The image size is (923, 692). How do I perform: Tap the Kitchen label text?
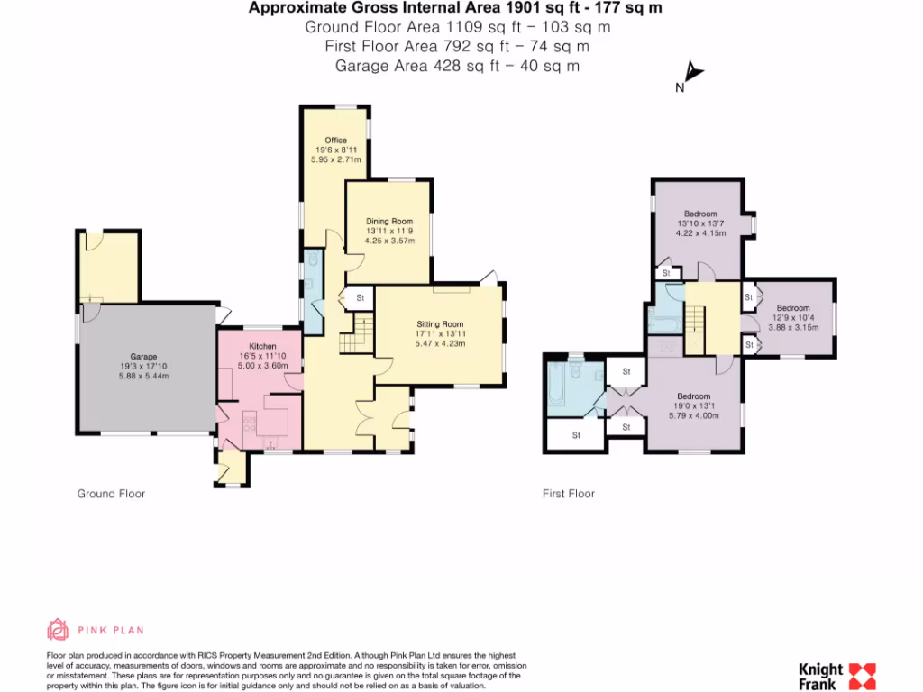coord(262,346)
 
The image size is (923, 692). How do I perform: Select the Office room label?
coord(336,140)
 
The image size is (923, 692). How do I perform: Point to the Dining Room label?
coord(388,221)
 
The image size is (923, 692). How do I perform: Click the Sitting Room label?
coord(440,323)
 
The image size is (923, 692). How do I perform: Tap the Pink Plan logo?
coord(96,630)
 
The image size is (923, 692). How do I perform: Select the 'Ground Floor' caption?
coord(111,494)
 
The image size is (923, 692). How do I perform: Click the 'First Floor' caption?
coord(569,494)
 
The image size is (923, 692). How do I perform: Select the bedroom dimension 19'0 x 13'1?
coord(693,406)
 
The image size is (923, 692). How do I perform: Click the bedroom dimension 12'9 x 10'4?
coord(793,318)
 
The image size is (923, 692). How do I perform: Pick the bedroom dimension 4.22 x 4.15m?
coord(700,233)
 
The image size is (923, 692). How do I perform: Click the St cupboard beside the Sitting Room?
coord(359,297)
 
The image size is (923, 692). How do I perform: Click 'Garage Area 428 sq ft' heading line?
coord(457,65)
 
